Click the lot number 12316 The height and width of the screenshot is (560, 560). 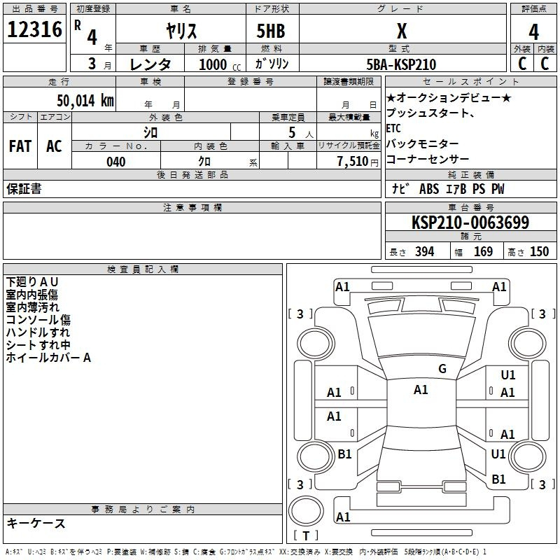pos(34,29)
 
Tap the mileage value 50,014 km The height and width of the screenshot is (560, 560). pos(85,100)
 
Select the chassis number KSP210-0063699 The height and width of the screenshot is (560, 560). pos(470,222)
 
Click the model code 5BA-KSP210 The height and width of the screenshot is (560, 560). pos(401,64)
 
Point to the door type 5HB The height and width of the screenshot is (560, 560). pos(271,31)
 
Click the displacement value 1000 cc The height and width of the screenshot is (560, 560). pos(220,64)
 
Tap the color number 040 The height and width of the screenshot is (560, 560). pos(115,162)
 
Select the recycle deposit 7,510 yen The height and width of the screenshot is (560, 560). pos(358,162)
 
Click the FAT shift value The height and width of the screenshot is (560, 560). pos(20,146)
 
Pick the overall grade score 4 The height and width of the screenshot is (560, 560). pos(533,31)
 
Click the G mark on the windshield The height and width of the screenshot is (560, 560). pos(442,368)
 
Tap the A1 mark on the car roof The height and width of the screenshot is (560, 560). pos(421,390)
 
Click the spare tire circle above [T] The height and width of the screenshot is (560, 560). pos(306,511)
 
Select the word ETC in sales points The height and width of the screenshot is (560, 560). pos(393,128)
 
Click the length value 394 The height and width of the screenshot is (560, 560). pos(425,251)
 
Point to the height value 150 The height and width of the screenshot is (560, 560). pos(539,251)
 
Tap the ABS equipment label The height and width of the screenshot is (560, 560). pos(429,189)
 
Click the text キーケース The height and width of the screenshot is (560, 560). pos(36,523)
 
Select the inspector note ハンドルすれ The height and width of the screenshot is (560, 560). pos(38,332)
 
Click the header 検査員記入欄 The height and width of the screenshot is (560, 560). pos(143,269)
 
